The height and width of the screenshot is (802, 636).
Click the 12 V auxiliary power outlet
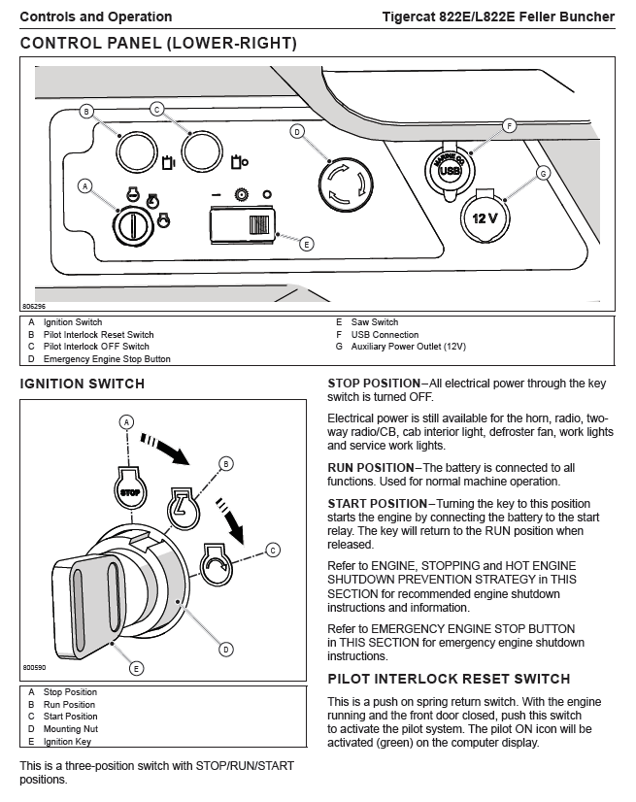483,217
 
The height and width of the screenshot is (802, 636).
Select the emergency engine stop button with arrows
346,181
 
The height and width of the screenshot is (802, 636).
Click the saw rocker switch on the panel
243,225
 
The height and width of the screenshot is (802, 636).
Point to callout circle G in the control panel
543,173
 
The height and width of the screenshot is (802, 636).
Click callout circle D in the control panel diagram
297,131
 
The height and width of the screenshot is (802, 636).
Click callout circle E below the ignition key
137,667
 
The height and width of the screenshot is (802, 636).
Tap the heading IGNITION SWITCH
83,384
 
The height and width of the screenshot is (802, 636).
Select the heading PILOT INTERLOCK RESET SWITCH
449,679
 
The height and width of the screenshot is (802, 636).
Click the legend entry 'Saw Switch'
374,322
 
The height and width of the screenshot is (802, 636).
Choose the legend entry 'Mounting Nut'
70,729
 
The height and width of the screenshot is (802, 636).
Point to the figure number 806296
33,306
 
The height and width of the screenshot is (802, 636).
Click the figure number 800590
34,668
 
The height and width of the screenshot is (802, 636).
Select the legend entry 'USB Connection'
385,335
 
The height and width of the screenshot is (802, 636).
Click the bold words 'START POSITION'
376,503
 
